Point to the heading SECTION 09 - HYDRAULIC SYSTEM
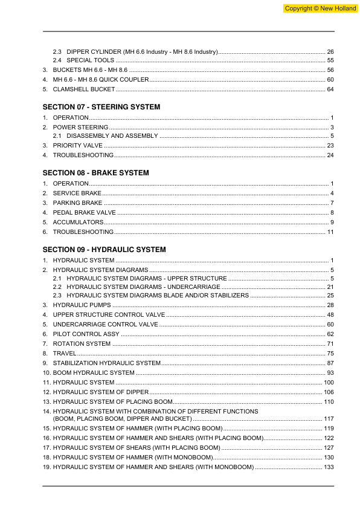tap(104, 250)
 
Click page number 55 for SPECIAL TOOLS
tap(330, 60)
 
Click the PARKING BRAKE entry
tap(77, 203)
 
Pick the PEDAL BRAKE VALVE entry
tap(84, 213)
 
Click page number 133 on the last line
tap(329, 468)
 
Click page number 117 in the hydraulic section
tap(329, 419)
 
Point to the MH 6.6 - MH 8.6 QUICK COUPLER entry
tap(99, 80)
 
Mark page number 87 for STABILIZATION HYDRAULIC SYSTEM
tap(330, 363)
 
